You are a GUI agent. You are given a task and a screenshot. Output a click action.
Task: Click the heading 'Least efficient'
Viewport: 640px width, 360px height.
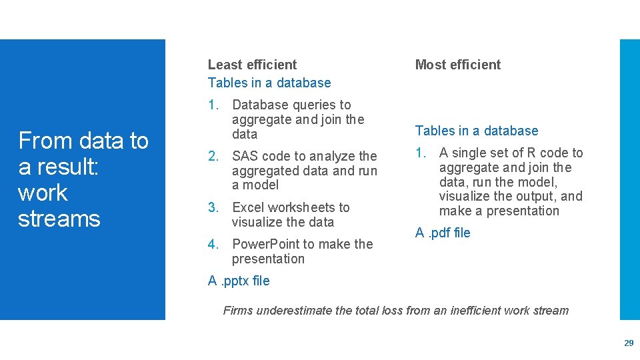click(252, 65)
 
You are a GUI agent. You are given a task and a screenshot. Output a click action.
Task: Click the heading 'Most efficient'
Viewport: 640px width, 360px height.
click(457, 65)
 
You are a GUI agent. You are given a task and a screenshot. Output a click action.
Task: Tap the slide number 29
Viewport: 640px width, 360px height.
click(628, 343)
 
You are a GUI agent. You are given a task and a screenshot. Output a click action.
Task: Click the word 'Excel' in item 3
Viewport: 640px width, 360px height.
click(247, 207)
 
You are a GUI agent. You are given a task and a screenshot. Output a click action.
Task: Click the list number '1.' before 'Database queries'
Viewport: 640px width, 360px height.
click(213, 105)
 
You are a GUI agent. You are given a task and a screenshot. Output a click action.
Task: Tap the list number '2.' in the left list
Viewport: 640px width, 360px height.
click(213, 157)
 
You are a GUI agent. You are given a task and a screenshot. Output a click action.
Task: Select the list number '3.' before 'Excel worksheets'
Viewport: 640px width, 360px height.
click(213, 207)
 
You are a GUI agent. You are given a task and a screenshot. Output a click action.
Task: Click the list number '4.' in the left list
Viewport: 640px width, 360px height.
click(213, 244)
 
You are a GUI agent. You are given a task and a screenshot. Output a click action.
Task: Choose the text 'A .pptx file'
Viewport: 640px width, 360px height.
click(239, 281)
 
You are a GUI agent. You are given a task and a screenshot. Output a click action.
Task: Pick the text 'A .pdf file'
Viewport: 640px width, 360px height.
click(443, 233)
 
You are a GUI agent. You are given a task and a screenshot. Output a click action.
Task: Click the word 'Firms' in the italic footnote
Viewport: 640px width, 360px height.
click(238, 310)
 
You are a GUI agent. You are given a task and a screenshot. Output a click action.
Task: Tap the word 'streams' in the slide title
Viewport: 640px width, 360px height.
click(59, 219)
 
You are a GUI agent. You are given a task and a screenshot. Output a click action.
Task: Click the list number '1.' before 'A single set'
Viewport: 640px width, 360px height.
click(421, 153)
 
